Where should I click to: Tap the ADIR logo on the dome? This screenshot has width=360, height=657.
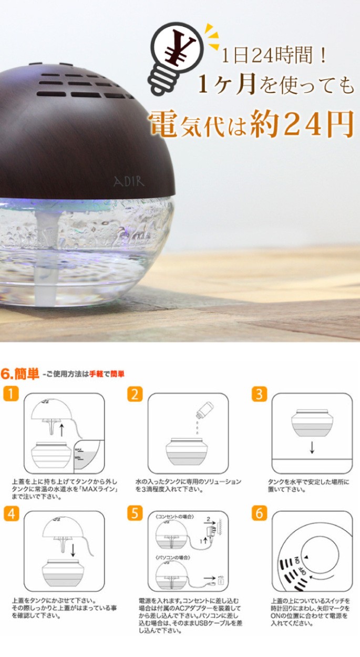129,181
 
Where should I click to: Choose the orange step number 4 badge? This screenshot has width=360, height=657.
11,513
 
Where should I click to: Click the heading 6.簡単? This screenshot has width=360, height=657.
20,374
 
